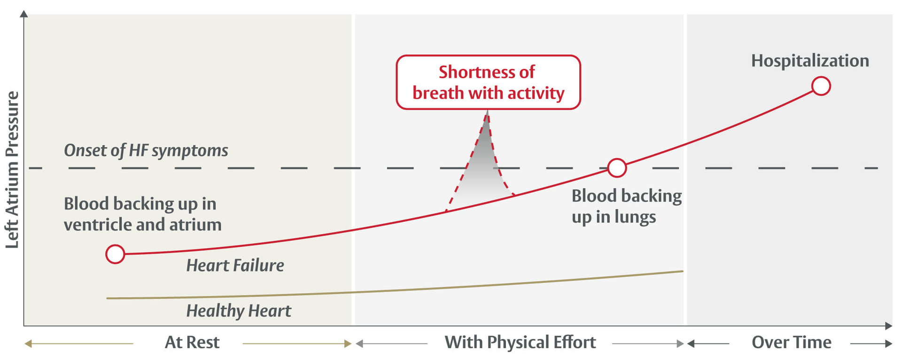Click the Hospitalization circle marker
coord(821,86)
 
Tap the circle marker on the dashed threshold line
coord(617,168)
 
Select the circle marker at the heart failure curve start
coord(115,254)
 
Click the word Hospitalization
coord(810,61)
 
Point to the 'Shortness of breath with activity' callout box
coord(488,82)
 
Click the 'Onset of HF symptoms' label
coord(146,150)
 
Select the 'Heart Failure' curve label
coord(235,266)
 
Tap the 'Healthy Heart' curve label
coord(238,311)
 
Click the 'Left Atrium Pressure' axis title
coord(12,169)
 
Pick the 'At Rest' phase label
coord(192,343)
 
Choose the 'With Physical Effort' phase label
coord(520,343)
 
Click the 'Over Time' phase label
coord(791,343)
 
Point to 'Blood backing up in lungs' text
coord(626,206)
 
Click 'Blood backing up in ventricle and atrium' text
coord(142,214)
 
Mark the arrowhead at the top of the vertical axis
coord(24,14)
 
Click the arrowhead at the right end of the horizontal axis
coord(888,326)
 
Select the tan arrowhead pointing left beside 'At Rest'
coord(28,344)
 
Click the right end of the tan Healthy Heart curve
coord(682,271)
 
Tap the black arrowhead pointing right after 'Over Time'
coord(888,344)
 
